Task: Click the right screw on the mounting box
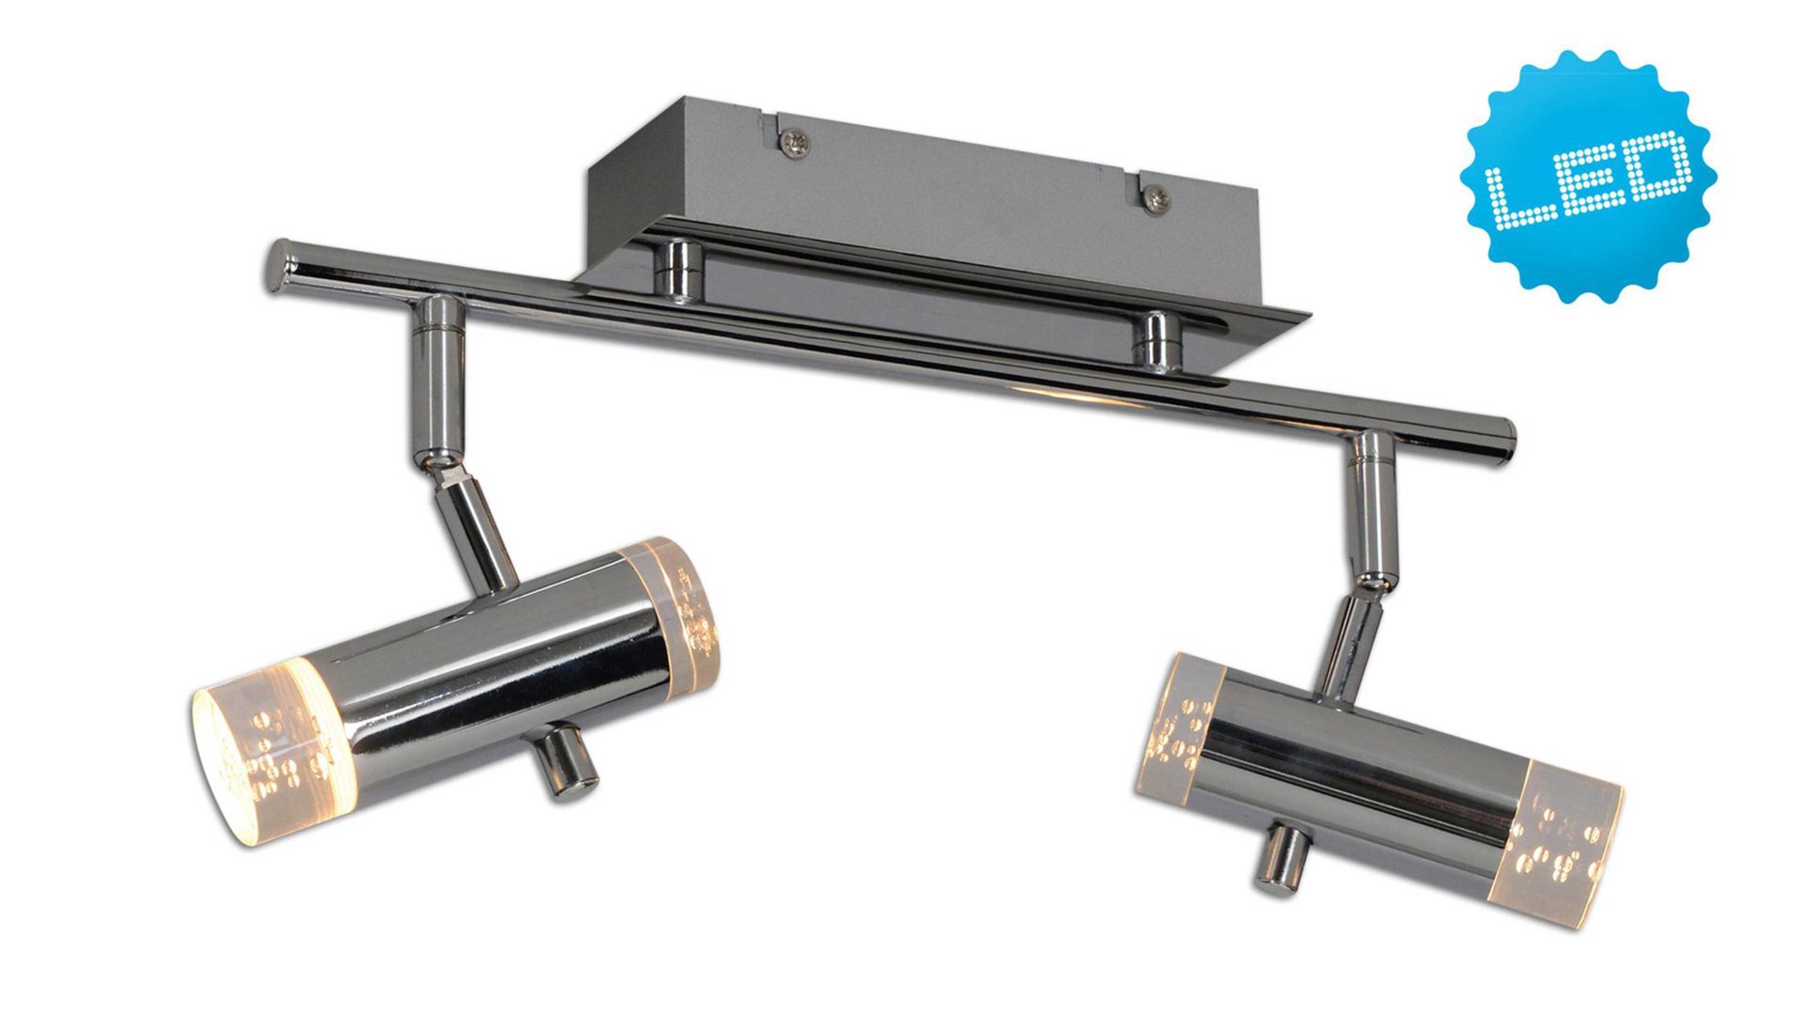tap(1158, 198)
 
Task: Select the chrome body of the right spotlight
tap(1362, 771)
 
